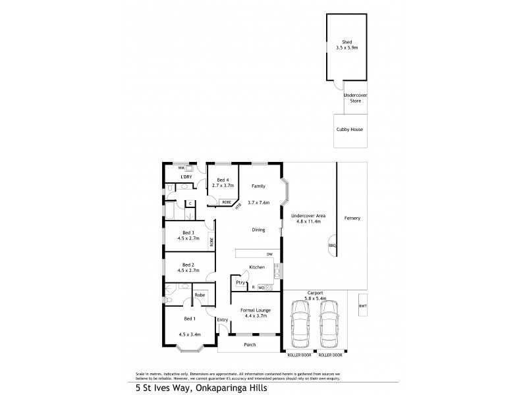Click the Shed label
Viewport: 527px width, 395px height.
click(347, 41)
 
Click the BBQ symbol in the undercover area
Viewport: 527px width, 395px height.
click(332, 246)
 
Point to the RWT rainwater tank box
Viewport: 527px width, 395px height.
click(362, 305)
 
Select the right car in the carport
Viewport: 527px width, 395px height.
click(327, 326)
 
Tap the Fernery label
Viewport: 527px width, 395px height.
click(352, 218)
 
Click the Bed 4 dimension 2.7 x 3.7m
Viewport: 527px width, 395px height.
click(223, 186)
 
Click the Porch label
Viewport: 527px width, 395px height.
click(249, 344)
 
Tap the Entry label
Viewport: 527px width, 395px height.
click(223, 320)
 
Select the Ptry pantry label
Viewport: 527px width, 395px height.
click(240, 282)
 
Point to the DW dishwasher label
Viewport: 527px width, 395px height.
click(269, 253)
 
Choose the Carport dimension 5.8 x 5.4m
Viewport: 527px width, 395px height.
click(313, 299)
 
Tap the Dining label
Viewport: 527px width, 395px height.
click(258, 230)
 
